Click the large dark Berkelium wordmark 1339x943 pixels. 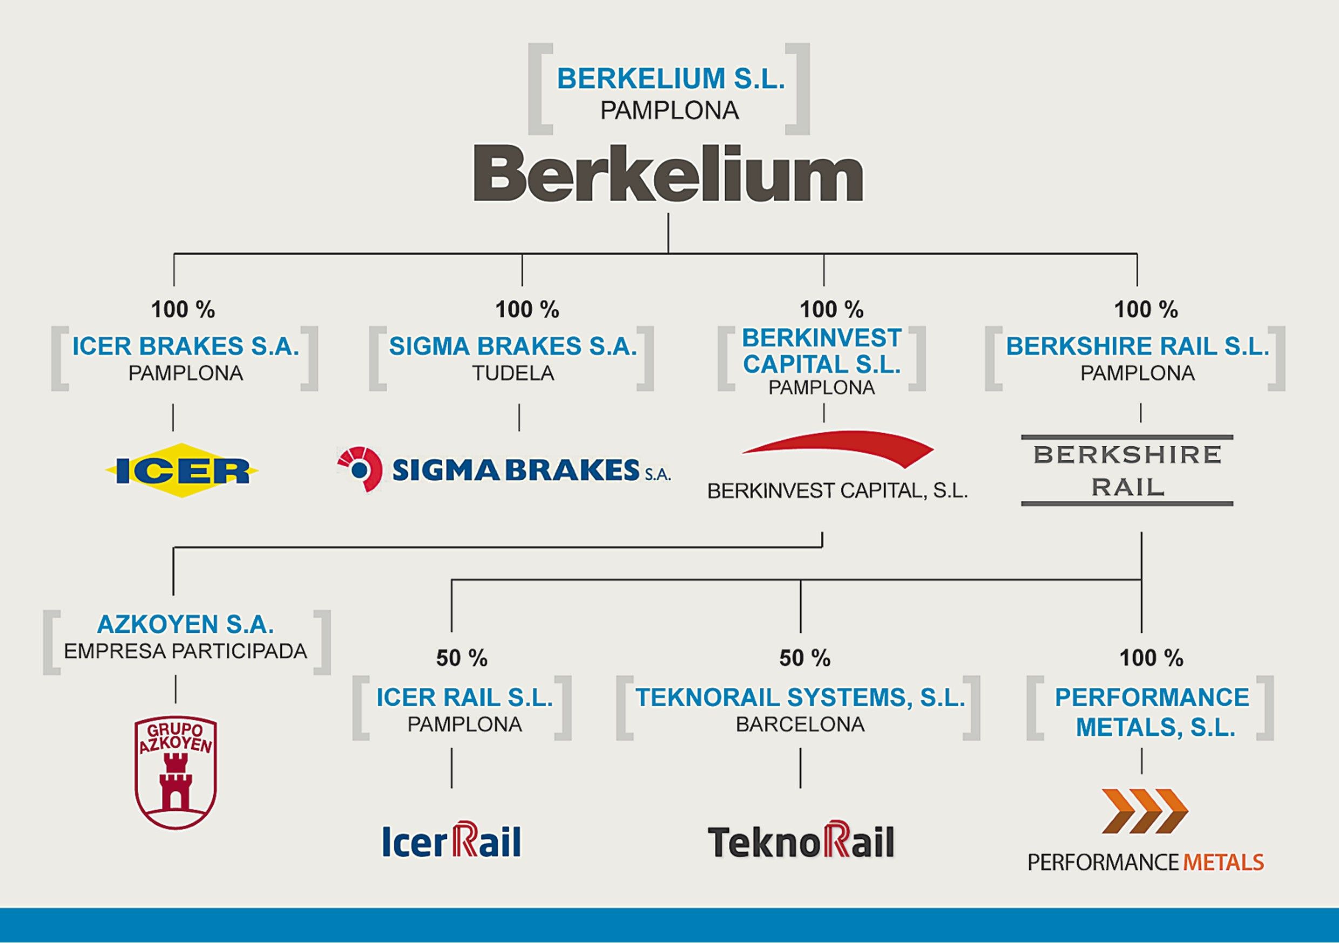(668, 173)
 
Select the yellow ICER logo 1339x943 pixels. (181, 470)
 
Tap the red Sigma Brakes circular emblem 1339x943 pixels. (360, 469)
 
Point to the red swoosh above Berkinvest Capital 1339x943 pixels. (838, 448)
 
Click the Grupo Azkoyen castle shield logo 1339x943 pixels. (175, 773)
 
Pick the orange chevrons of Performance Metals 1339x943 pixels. (1144, 811)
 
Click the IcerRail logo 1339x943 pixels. (451, 840)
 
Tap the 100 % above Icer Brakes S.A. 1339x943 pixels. (183, 310)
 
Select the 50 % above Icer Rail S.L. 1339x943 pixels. (462, 659)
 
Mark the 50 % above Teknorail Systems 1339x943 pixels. (805, 659)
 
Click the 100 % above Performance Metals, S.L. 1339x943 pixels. (1151, 659)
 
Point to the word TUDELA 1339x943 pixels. (513, 373)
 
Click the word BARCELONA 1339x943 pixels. (800, 725)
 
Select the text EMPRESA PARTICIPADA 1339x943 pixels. (185, 651)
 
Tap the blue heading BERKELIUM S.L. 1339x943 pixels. (671, 79)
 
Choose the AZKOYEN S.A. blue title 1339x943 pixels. (185, 624)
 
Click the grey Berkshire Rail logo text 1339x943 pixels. (1127, 470)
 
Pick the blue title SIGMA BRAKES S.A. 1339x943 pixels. (513, 346)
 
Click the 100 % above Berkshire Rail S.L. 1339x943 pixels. (1146, 310)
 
